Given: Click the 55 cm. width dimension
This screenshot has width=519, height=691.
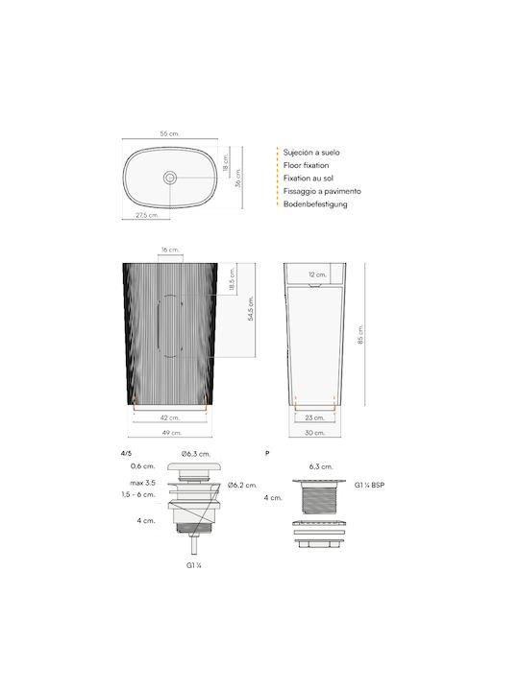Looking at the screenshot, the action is (169, 133).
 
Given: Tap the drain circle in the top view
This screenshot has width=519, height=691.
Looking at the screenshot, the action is (170, 178).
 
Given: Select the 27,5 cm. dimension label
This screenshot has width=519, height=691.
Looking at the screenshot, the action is (147, 215).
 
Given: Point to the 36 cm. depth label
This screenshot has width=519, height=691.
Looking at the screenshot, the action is (238, 178).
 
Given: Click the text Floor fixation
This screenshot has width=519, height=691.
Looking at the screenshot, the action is (306, 165).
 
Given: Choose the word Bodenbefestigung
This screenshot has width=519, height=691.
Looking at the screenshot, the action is (315, 204).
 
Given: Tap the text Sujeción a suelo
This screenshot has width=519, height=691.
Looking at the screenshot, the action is (311, 153).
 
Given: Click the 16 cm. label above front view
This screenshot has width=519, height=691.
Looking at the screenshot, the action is (170, 250).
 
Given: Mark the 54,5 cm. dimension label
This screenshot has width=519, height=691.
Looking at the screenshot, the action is (250, 308).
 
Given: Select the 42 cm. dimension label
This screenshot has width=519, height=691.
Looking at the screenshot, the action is (170, 417).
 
